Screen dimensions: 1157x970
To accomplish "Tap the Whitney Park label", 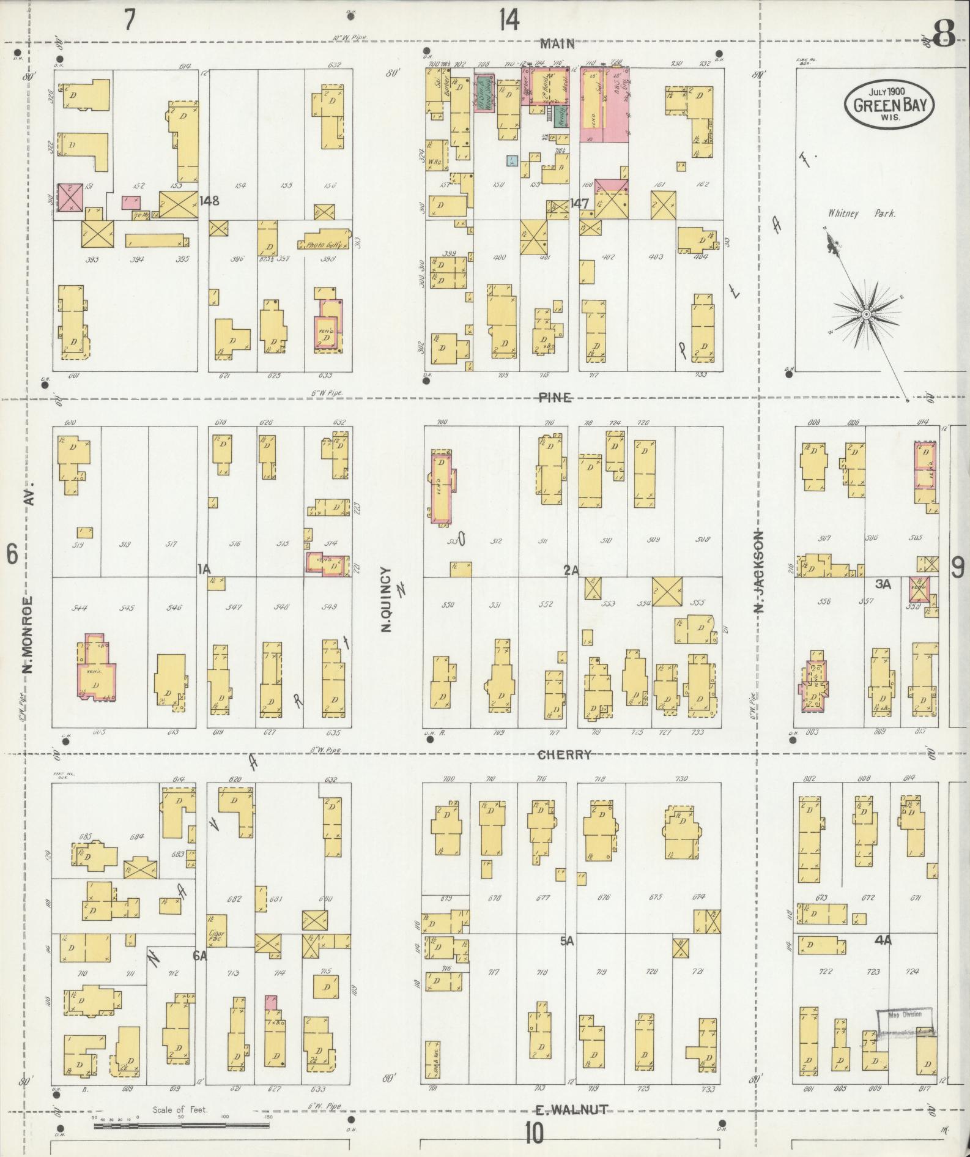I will [x=862, y=214].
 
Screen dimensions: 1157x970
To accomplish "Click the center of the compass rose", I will [x=866, y=314].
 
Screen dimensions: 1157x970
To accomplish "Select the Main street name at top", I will [x=557, y=44].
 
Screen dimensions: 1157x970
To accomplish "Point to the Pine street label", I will [x=555, y=398].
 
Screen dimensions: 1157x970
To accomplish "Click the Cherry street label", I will [x=564, y=754].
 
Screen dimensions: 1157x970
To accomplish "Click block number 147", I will [x=579, y=203].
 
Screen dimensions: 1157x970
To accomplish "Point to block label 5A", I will [x=566, y=942].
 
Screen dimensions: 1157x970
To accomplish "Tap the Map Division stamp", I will [x=906, y=1014].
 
